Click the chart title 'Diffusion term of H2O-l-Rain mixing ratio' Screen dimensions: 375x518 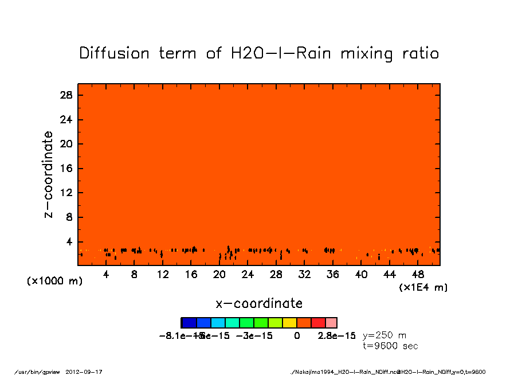point(259,53)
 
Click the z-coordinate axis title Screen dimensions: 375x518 point(49,174)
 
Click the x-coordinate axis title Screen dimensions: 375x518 point(259,303)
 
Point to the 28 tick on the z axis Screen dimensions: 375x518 point(66,95)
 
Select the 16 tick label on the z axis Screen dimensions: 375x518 point(66,169)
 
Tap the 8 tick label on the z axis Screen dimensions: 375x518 point(69,217)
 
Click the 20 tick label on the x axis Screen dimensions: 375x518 point(219,275)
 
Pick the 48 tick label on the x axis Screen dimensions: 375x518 point(418,275)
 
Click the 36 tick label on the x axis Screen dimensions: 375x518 point(332,275)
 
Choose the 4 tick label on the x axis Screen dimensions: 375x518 point(106,275)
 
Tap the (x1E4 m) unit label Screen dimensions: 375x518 point(423,287)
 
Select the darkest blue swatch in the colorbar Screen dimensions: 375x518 point(189,323)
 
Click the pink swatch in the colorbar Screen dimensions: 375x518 point(331,323)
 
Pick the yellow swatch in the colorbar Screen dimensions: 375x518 point(289,323)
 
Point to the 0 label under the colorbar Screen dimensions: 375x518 point(297,335)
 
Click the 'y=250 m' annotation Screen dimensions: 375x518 point(384,335)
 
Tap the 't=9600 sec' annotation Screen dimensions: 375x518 point(390,346)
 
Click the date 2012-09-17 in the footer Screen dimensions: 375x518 point(88,372)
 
